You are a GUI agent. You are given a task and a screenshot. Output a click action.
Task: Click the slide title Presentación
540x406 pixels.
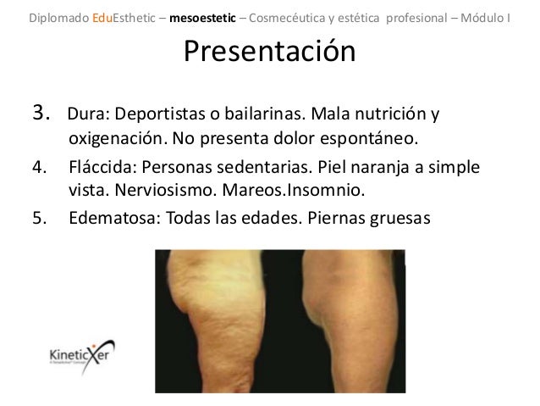pyautogui.click(x=269, y=53)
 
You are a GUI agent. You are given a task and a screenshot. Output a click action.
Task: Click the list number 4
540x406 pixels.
pyautogui.click(x=39, y=167)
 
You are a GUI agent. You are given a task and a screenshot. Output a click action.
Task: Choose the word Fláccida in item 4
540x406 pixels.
pyautogui.click(x=97, y=167)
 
